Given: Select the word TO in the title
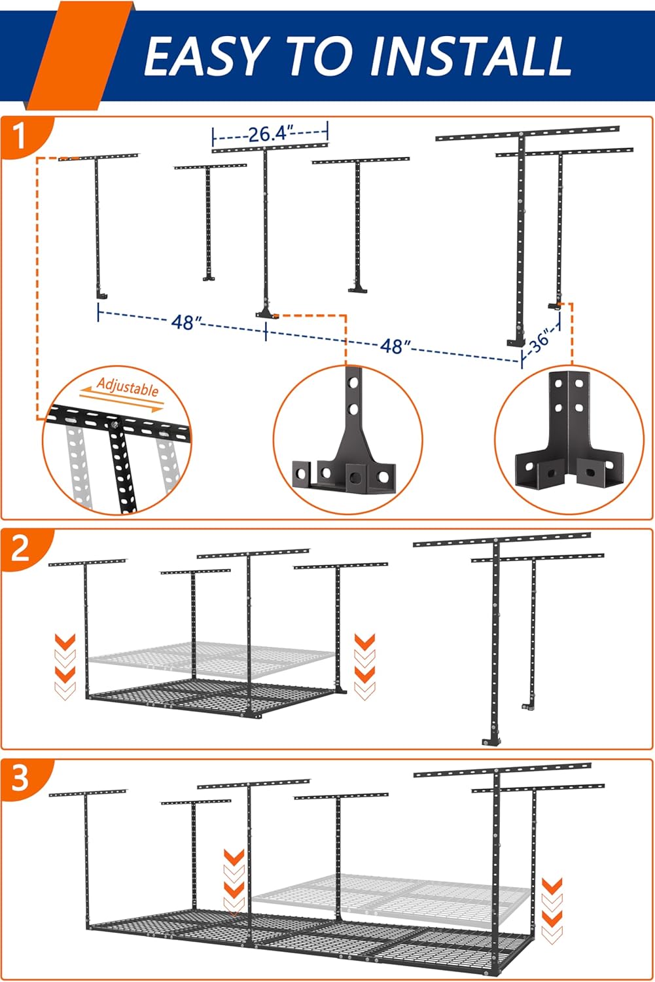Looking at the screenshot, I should tap(321, 56).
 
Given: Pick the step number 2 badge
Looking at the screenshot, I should tap(20, 549).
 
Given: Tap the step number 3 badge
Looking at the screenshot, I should tap(20, 778).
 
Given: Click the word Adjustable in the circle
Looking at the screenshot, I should tap(128, 387).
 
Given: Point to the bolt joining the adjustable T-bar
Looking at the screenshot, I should tap(114, 425).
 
